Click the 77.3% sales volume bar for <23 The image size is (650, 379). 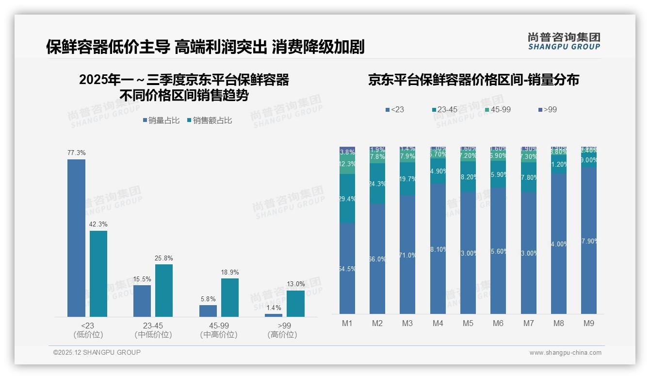click(x=76, y=238)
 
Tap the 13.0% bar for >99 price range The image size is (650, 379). click(x=295, y=304)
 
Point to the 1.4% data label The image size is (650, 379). click(x=274, y=308)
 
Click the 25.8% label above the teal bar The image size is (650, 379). click(x=163, y=258)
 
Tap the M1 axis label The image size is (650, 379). click(x=347, y=323)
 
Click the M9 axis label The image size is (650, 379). click(x=588, y=323)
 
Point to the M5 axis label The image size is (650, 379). click(x=468, y=323)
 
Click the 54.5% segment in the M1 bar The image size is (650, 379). click(x=347, y=269)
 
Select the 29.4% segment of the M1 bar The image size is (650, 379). click(x=347, y=199)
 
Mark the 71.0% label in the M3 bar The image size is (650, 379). click(x=407, y=255)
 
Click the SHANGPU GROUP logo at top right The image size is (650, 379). click(x=564, y=41)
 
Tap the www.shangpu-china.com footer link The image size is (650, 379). click(x=565, y=353)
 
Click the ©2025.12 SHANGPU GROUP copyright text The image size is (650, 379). click(x=97, y=352)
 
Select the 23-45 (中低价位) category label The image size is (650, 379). click(x=153, y=330)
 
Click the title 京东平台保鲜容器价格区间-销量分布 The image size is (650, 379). click(x=473, y=80)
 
